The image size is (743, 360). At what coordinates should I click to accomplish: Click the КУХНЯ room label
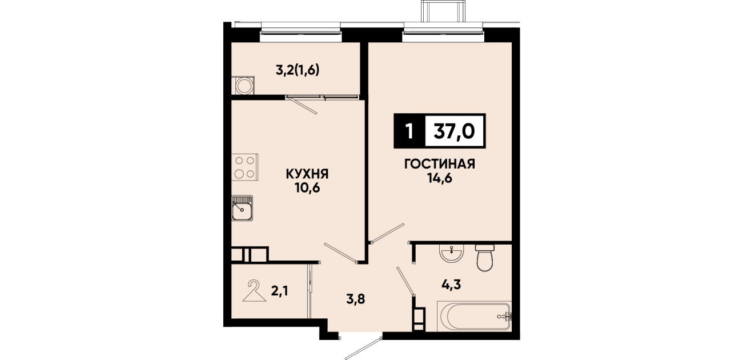(307, 174)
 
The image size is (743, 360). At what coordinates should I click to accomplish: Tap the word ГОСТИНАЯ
(440, 164)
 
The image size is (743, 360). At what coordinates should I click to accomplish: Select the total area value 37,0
(455, 131)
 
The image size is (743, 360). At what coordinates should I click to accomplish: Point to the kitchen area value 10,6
(307, 188)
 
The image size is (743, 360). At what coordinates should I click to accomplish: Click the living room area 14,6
(440, 178)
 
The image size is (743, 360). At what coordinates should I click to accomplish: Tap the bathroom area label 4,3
(451, 284)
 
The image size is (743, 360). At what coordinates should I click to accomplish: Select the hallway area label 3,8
(356, 299)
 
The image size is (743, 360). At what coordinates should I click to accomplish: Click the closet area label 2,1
(280, 291)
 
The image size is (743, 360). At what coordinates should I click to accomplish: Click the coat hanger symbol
(254, 291)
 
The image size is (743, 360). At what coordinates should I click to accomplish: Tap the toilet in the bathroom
(485, 258)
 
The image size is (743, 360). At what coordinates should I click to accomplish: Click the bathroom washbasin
(451, 253)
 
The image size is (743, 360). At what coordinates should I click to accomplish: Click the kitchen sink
(242, 208)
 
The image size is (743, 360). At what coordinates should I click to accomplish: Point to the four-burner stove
(245, 167)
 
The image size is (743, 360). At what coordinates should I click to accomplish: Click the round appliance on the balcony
(245, 86)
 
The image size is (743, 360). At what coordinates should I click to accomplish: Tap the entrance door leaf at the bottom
(364, 349)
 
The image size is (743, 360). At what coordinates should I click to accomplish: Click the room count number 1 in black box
(409, 131)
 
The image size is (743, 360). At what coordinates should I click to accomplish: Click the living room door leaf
(387, 233)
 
